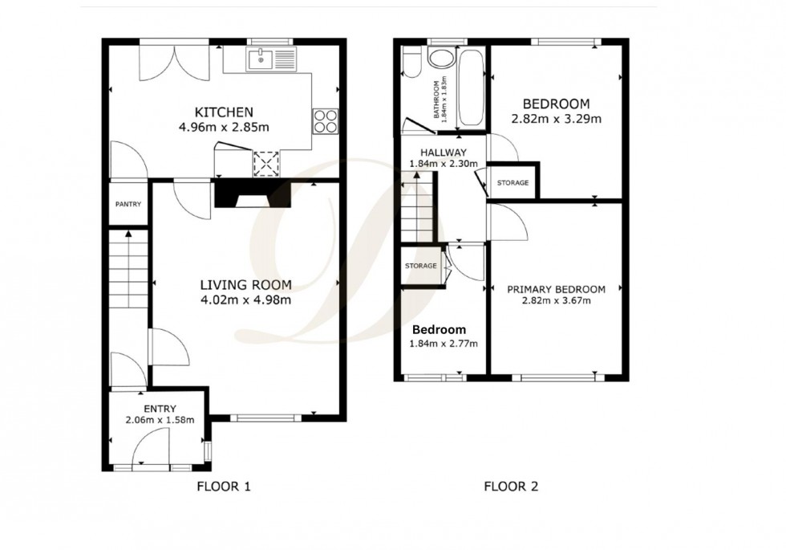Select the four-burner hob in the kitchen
(x=326, y=121)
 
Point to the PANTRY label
(x=128, y=205)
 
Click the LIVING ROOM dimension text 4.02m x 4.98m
(x=245, y=300)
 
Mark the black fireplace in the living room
(x=253, y=195)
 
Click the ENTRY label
(x=160, y=409)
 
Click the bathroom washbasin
(x=440, y=59)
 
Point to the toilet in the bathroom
(x=410, y=63)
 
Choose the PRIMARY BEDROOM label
(x=555, y=289)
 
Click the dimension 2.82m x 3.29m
(x=556, y=119)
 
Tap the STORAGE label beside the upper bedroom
(x=513, y=183)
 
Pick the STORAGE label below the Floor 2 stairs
(x=420, y=266)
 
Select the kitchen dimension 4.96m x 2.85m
(x=224, y=126)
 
